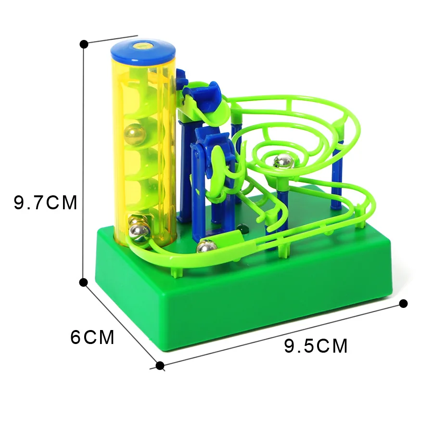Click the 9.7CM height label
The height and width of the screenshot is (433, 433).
click(46, 203)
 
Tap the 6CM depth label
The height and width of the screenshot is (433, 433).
click(92, 337)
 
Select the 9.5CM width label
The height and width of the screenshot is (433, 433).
click(316, 346)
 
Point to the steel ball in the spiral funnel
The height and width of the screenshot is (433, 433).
click(283, 162)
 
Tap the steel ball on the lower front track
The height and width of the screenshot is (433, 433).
click(206, 246)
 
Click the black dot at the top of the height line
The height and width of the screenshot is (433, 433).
click(84, 44)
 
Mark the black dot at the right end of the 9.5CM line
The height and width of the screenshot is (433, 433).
click(404, 304)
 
